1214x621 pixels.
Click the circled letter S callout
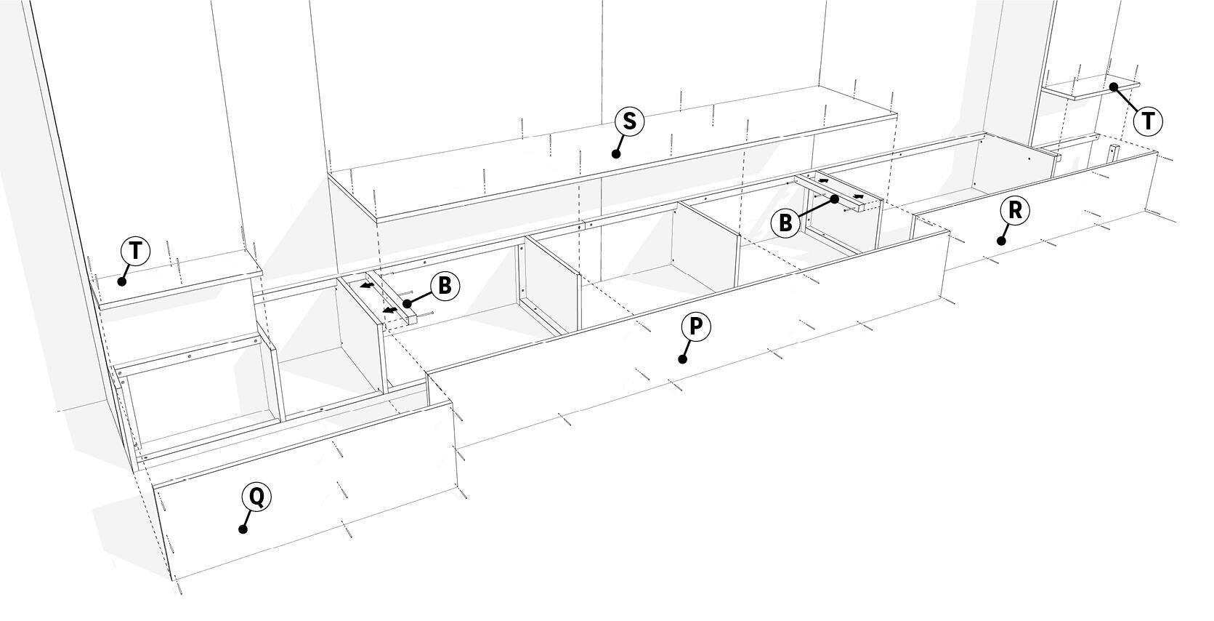pyautogui.click(x=629, y=121)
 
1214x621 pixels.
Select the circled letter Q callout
pyautogui.click(x=256, y=496)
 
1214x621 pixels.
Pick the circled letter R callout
pyautogui.click(x=1014, y=210)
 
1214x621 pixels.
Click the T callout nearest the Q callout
pyautogui.click(x=135, y=251)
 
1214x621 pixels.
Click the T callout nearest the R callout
pyautogui.click(x=1148, y=121)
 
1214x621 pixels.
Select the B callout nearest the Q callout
pyautogui.click(x=445, y=285)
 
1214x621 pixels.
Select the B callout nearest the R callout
pyautogui.click(x=786, y=223)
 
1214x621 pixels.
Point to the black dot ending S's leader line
pyautogui.click(x=615, y=154)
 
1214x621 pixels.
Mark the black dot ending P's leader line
pyautogui.click(x=683, y=359)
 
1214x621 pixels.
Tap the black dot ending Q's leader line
pyautogui.click(x=243, y=529)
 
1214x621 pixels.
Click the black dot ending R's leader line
pyautogui.click(x=1002, y=241)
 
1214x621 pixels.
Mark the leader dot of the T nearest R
pyautogui.click(x=1114, y=87)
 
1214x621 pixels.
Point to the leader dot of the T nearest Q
pyautogui.click(x=122, y=281)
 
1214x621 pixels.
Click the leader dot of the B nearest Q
pyautogui.click(x=408, y=303)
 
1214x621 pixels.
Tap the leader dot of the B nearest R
pyautogui.click(x=835, y=199)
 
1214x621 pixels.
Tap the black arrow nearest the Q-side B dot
pyautogui.click(x=389, y=310)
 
